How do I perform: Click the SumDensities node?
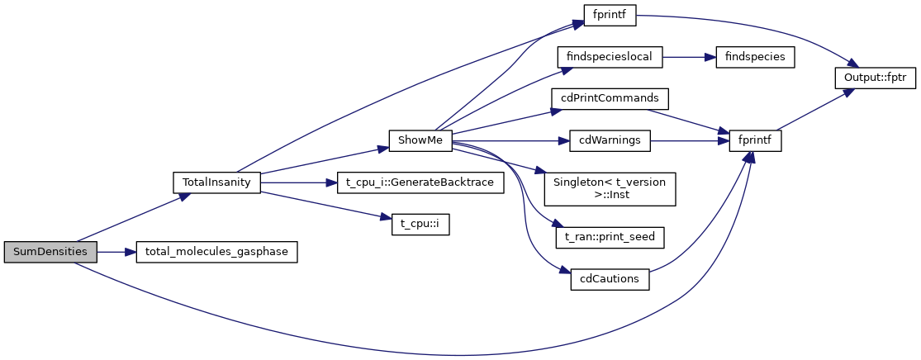tap(50, 253)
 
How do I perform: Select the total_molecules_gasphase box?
tap(216, 253)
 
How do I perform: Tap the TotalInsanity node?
tap(216, 182)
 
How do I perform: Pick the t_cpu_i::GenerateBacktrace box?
tap(420, 182)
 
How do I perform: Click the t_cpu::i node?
tap(420, 225)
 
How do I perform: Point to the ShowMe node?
tap(420, 140)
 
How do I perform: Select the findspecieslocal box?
tap(610, 57)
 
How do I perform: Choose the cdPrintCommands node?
tap(610, 98)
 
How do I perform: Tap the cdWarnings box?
tap(610, 140)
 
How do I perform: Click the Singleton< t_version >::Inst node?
tap(610, 189)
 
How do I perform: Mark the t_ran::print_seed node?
tap(610, 237)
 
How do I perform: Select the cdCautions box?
tap(610, 279)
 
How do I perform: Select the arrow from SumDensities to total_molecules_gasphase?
tap(116, 253)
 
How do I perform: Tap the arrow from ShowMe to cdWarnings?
tap(512, 140)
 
